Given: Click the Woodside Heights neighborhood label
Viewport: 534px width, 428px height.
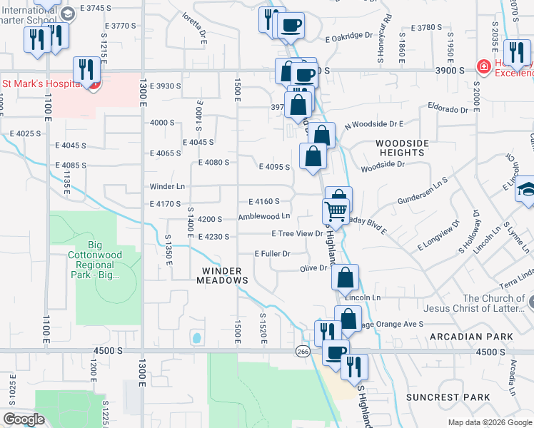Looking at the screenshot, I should point(403,148).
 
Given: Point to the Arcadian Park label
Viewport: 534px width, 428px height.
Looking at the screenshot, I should point(471,336).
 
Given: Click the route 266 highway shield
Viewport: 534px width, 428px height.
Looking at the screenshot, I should point(303,351).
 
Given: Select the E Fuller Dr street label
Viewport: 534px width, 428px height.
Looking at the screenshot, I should point(273,254).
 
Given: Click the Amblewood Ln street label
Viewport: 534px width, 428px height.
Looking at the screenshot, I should point(264,216).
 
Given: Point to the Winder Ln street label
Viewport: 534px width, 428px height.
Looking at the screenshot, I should point(167,186).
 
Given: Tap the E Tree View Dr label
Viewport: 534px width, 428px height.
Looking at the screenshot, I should point(298,233).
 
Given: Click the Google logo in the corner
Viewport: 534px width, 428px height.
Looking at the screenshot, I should point(24,419).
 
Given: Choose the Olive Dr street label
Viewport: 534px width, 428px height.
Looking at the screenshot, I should point(313,268).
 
